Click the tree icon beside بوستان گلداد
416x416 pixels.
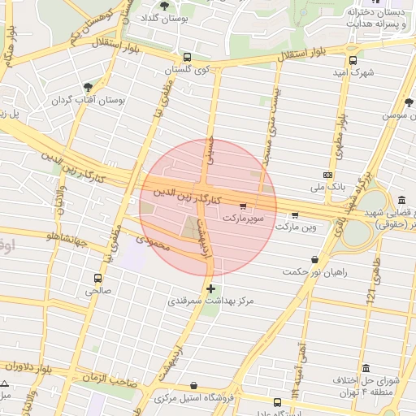[165, 6]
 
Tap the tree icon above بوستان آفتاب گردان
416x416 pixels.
[88, 87]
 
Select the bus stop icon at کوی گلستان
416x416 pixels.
[188, 58]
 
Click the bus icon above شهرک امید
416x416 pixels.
[352, 59]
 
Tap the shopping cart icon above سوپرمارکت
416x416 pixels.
[244, 206]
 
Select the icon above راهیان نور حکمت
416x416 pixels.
[314, 259]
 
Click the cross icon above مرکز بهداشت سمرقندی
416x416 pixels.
[211, 288]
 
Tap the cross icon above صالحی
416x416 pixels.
[98, 276]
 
